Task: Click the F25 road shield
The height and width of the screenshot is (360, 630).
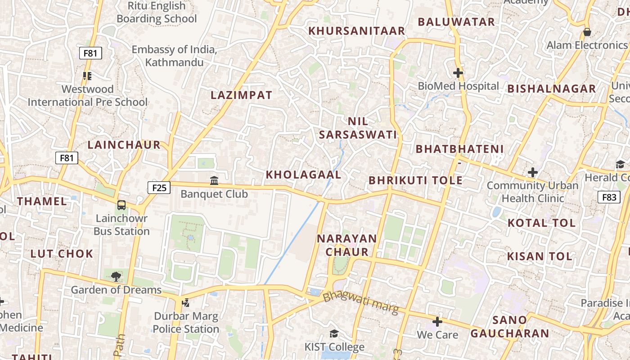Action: [159, 187]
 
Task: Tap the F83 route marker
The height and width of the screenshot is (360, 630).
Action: [609, 197]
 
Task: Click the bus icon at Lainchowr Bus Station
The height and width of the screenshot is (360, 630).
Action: [121, 205]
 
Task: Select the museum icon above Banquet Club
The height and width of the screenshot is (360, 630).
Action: [214, 180]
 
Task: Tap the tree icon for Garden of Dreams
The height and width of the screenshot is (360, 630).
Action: [116, 276]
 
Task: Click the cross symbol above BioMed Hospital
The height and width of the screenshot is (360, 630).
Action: [458, 72]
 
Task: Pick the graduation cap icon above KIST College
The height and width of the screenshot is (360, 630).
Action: [334, 333]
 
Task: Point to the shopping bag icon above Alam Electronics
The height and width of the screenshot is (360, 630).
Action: [587, 32]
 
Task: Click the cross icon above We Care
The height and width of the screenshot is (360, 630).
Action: [437, 322]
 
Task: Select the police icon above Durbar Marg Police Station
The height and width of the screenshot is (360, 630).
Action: [185, 302]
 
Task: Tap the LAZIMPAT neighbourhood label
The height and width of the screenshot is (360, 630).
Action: [242, 95]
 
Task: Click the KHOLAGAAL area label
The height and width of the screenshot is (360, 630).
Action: [304, 175]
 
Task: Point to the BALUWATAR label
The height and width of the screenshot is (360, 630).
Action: [456, 22]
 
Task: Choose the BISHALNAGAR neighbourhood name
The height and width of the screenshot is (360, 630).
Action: [552, 89]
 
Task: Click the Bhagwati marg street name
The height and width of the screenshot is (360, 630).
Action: [361, 303]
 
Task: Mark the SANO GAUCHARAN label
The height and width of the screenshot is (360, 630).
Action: [510, 327]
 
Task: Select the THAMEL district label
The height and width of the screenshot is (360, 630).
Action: [42, 201]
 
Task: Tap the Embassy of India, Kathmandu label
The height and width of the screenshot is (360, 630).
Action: [174, 56]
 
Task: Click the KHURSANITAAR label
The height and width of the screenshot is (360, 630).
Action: [357, 31]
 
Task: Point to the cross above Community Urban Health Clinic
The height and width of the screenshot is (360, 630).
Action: [533, 172]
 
